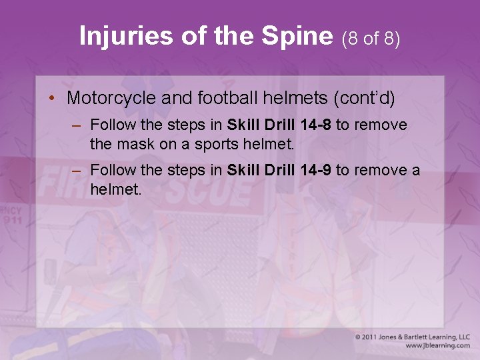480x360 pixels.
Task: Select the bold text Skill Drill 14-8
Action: click(279, 125)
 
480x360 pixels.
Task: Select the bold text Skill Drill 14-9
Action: click(279, 170)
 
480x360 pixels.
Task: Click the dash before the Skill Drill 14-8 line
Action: click(77, 125)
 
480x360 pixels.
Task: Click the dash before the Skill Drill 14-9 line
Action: click(77, 171)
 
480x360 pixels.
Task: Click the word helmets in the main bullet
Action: click(293, 99)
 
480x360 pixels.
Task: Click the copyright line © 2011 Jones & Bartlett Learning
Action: click(412, 337)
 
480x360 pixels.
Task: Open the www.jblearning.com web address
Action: click(437, 346)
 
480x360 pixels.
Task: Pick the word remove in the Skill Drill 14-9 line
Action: click(379, 170)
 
